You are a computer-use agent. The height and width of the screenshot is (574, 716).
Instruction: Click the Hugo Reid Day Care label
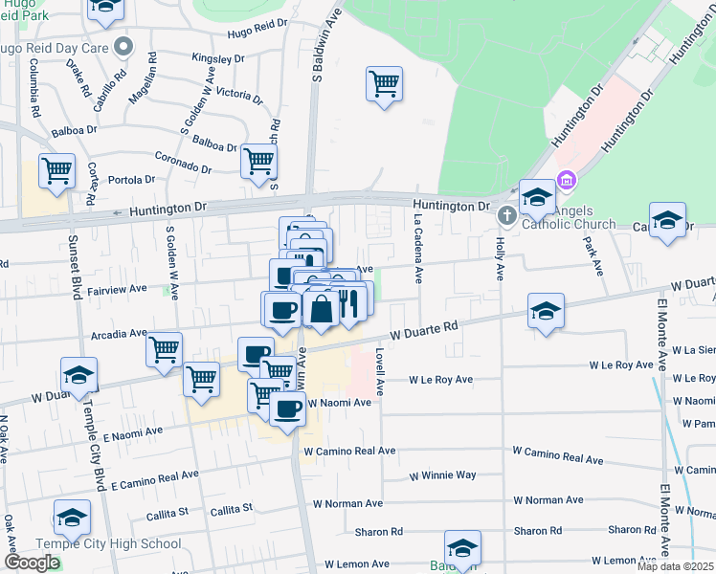point(53,47)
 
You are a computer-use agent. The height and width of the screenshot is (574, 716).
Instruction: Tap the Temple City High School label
point(93,544)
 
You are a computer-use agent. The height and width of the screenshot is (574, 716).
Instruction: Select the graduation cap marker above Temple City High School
point(72,519)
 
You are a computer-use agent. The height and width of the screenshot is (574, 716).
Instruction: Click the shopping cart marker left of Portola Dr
point(57,171)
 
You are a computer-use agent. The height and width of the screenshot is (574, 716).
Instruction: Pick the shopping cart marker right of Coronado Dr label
point(259,161)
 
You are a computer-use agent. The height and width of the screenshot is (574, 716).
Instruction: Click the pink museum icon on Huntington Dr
point(567,179)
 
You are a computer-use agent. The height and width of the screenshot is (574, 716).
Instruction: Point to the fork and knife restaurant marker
point(347,304)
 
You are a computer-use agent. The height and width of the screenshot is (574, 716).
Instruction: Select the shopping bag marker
point(320,309)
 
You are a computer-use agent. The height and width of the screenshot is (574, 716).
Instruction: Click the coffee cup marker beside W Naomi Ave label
point(287,409)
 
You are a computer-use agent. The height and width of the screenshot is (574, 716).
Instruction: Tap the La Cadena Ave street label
point(418,248)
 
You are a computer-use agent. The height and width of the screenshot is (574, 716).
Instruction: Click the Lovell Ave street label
point(379,373)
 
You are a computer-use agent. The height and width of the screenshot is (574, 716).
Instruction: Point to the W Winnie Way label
point(442,475)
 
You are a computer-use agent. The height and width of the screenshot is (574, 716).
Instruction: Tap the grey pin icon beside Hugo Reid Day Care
point(122,46)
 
